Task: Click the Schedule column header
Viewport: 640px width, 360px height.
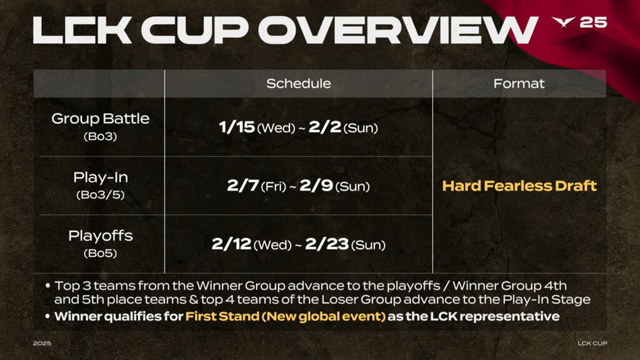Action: pos(298,84)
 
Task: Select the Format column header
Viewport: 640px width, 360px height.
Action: pos(519,84)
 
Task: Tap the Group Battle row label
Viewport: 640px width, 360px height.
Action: pos(101,118)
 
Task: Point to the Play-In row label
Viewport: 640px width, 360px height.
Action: pos(101,177)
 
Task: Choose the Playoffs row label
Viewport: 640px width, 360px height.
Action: pos(101,236)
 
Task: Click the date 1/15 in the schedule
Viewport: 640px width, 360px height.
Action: pos(237,127)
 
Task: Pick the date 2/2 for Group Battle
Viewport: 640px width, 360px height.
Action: pos(324,127)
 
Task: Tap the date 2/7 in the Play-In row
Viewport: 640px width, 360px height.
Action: pos(243,185)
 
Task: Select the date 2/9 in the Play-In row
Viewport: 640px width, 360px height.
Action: pos(316,185)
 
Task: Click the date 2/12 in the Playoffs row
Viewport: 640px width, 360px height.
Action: pos(231,244)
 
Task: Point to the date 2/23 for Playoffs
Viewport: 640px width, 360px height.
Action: pos(327,244)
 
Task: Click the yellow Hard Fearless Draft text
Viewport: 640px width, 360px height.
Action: pos(519,186)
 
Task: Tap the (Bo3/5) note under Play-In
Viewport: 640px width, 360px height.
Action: pos(101,195)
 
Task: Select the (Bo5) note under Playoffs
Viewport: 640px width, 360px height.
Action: pos(101,253)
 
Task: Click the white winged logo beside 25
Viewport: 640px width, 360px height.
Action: pos(563,22)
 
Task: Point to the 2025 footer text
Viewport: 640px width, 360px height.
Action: pos(42,343)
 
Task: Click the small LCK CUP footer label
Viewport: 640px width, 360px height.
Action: pos(592,343)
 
